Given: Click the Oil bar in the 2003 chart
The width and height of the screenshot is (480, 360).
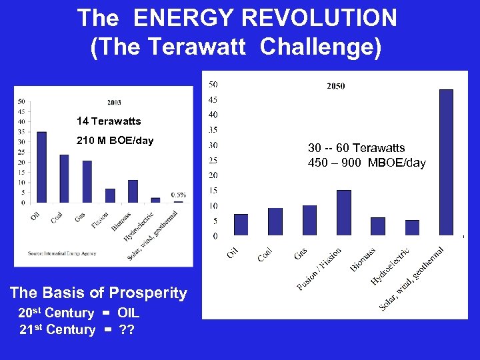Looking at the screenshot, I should [41, 167].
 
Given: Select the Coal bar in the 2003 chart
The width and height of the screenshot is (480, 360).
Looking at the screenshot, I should [64, 179].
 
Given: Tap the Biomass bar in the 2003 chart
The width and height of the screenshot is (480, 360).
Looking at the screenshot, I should [133, 191].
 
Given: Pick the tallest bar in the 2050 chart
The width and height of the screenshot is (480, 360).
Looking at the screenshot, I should [446, 162].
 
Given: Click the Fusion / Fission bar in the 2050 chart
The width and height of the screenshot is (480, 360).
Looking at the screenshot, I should [343, 213].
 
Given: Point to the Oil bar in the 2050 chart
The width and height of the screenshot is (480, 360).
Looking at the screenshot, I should [241, 225].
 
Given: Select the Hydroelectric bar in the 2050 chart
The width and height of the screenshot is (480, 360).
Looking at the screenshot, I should [412, 227].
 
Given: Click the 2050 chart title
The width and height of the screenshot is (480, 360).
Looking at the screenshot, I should [335, 86].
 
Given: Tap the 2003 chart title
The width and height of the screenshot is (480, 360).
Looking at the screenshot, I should [114, 103].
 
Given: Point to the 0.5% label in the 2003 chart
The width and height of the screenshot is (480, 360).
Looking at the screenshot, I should [178, 195].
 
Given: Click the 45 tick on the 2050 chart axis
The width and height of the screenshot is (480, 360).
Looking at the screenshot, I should [213, 100].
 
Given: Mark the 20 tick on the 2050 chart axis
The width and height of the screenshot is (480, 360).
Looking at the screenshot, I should [213, 176].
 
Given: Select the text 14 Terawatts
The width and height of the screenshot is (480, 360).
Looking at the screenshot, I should [109, 121].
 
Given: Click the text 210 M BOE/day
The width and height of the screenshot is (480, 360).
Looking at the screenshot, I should [115, 141].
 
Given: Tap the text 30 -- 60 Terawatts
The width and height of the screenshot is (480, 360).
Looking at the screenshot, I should [356, 148].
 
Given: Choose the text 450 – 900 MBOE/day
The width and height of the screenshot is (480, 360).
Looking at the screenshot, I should [367, 163].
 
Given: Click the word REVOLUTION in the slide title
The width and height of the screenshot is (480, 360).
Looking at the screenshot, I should [309, 18].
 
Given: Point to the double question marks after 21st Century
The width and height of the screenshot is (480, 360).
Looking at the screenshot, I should [126, 330].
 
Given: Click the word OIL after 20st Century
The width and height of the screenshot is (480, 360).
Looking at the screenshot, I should [128, 313].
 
